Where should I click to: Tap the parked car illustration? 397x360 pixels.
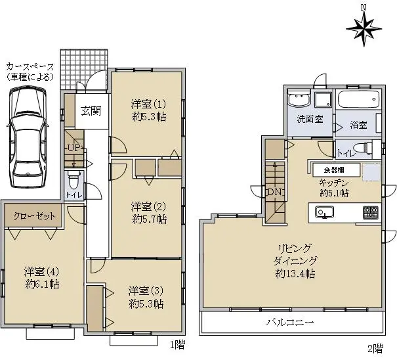tap(28, 137)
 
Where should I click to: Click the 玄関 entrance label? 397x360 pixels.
tap(91, 111)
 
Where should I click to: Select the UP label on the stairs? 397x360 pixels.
tap(74, 148)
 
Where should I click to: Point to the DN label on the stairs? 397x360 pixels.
tap(274, 192)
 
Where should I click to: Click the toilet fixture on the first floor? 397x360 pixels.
tap(73, 179)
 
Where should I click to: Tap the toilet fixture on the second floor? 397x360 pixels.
tap(364, 148)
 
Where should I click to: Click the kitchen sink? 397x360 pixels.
tap(324, 212)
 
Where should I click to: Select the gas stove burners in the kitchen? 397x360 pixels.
tap(371, 212)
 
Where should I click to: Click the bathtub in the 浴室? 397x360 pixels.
tap(359, 99)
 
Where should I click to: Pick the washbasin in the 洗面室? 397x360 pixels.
tap(299, 99)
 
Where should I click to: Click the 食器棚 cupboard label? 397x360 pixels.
tap(334, 170)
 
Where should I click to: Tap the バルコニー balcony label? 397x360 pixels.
tap(290, 323)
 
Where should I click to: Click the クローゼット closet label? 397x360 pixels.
tap(34, 216)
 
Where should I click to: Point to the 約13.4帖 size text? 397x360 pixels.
tap(295, 273)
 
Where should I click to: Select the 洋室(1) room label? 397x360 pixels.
tap(148, 104)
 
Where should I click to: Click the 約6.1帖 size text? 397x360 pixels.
tap(43, 284)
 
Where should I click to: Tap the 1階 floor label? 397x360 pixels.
tap(177, 344)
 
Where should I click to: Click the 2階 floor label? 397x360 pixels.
tap(375, 348)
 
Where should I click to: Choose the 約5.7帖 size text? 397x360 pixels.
tap(150, 219)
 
